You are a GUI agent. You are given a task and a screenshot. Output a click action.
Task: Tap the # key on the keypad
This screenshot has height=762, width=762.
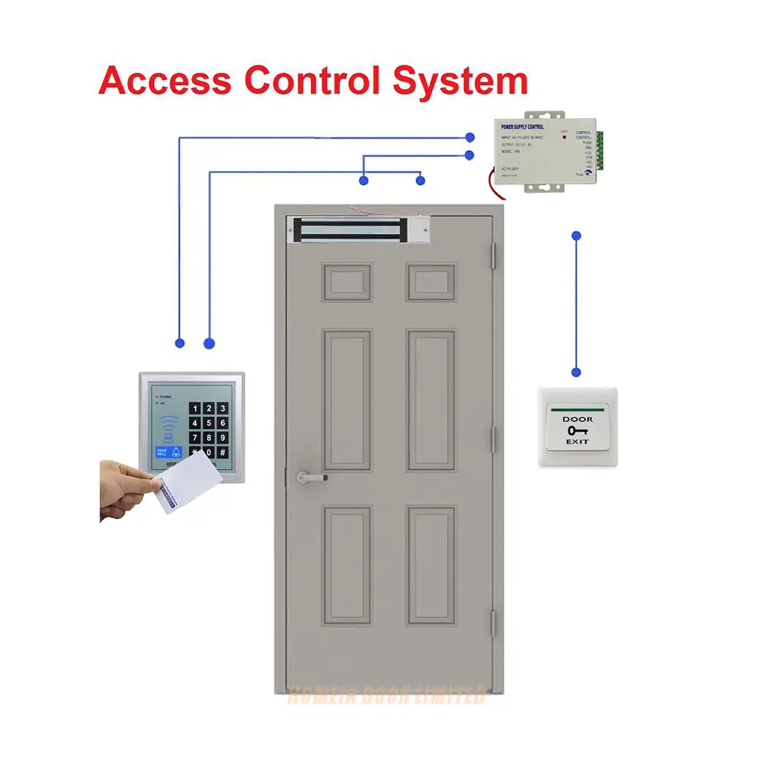[223, 452]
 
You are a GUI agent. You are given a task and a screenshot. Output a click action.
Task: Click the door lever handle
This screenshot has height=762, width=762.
[312, 478]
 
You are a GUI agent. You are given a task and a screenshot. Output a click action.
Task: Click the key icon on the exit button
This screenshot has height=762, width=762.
[577, 431]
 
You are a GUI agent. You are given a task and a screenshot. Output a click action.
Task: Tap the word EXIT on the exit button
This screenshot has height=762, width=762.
[577, 443]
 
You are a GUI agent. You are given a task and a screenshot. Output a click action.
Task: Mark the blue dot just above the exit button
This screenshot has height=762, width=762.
[576, 372]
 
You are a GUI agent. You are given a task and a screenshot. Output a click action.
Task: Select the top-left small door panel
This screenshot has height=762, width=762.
[347, 282]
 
